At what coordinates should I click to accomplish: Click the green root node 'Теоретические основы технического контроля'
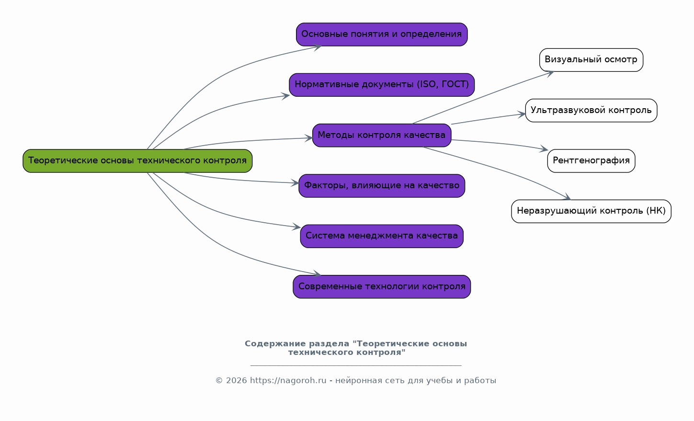tap(137, 161)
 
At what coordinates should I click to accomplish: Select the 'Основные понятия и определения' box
tap(382, 34)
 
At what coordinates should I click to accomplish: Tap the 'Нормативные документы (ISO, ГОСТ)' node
tap(382, 85)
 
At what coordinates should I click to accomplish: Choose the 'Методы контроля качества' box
tap(382, 135)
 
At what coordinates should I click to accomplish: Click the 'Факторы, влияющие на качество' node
tap(382, 186)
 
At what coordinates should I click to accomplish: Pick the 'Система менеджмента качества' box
tap(382, 236)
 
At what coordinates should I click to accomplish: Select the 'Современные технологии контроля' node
tap(382, 287)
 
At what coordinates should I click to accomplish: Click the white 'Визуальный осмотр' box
tap(591, 60)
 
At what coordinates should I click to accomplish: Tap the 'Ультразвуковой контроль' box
tap(591, 111)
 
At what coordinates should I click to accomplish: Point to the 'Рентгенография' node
tap(591, 161)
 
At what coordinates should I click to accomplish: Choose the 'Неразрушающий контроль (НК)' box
tap(591, 211)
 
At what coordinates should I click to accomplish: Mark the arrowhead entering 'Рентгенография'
tap(544, 150)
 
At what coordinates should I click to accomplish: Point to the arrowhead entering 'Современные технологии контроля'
tap(317, 274)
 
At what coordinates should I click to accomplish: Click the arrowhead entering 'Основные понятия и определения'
tap(317, 46)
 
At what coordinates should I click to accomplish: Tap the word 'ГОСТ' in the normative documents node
tap(454, 85)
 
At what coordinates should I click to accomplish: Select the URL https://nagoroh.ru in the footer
tap(288, 381)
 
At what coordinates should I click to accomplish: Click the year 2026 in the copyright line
tap(237, 381)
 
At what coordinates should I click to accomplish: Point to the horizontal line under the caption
tap(356, 365)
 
